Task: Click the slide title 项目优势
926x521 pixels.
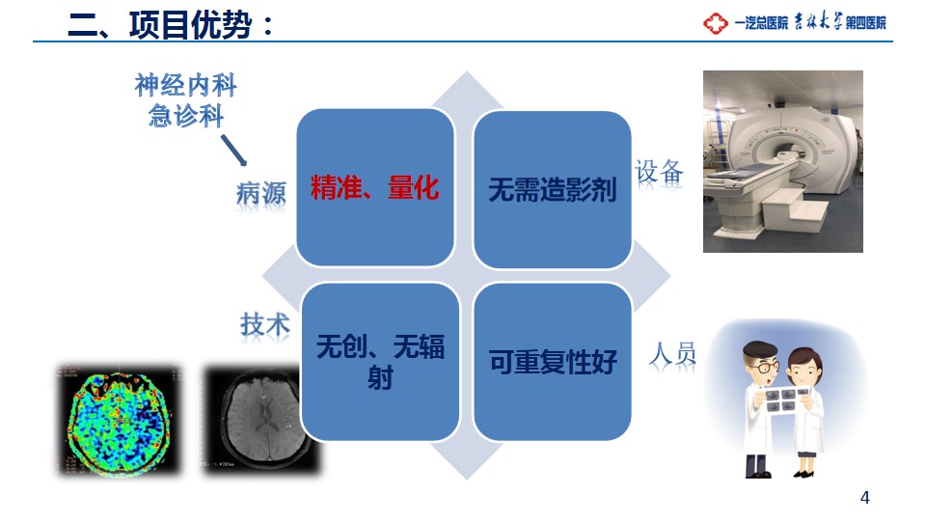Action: (x=190, y=25)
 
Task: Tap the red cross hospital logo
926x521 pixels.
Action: (x=715, y=23)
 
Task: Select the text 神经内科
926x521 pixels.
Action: (x=186, y=85)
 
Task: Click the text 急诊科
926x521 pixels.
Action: (x=186, y=115)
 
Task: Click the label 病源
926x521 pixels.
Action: (x=261, y=193)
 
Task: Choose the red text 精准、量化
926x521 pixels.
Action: (x=375, y=188)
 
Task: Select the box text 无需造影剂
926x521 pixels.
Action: (x=552, y=190)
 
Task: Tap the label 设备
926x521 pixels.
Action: (x=659, y=173)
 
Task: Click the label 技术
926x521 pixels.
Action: (x=265, y=324)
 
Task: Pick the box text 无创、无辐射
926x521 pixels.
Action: (x=380, y=362)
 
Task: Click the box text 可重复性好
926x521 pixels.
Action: (x=553, y=362)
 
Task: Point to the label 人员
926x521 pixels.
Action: (x=672, y=355)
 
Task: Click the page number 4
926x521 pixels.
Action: (x=865, y=498)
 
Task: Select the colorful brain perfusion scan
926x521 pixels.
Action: (x=119, y=418)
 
